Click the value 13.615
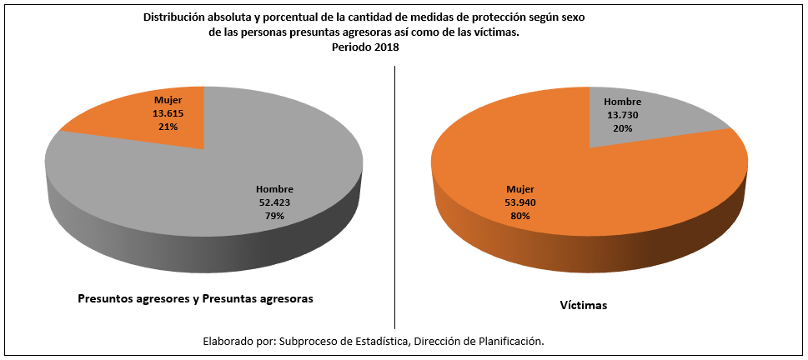[163, 114]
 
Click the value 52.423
[274, 202]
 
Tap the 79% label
[274, 216]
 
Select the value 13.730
[622, 115]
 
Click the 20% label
[622, 128]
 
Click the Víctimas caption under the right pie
[583, 306]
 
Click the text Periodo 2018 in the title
[365, 47]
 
